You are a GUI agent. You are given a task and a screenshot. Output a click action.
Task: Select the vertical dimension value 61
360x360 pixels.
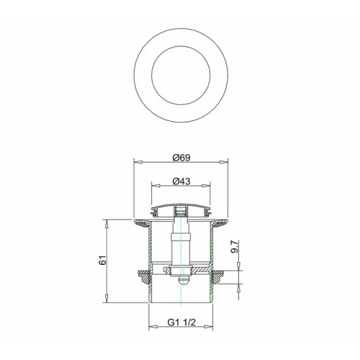[102, 260]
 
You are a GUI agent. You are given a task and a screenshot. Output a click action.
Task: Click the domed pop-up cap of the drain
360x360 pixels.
[181, 208]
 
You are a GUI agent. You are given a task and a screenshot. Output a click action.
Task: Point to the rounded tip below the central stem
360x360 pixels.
[182, 281]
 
